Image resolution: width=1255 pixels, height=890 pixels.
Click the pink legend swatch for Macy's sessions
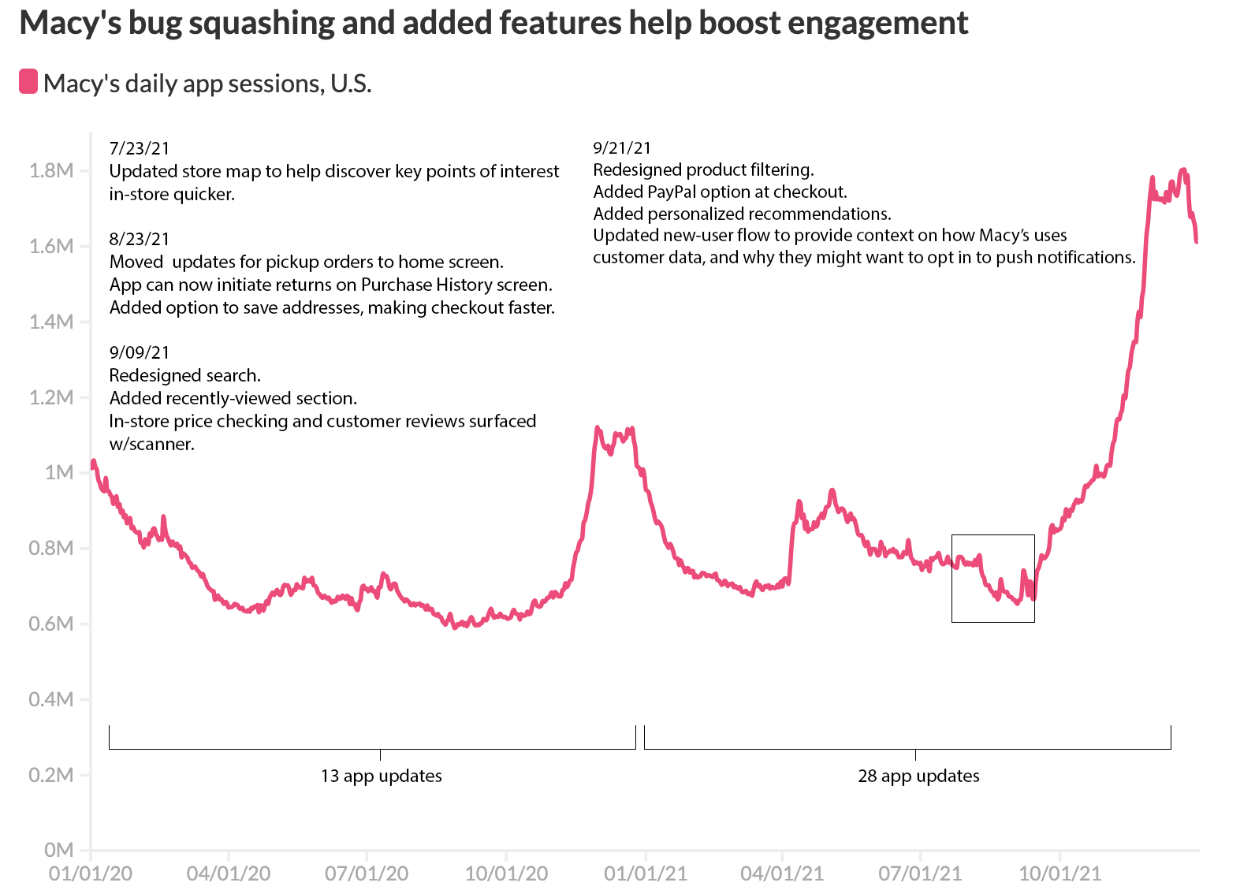pyautogui.click(x=28, y=81)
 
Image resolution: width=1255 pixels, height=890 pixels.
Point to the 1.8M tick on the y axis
pyautogui.click(x=50, y=170)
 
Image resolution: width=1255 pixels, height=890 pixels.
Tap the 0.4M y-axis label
pyautogui.click(x=50, y=699)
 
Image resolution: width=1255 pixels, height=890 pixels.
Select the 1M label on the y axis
pyautogui.click(x=58, y=472)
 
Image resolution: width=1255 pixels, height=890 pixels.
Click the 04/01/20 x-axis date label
pyautogui.click(x=229, y=873)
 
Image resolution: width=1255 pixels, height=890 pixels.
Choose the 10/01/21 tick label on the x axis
pyautogui.click(x=1060, y=873)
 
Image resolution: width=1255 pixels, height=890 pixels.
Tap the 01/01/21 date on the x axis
pyautogui.click(x=646, y=873)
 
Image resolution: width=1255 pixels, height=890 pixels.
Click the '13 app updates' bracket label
pyautogui.click(x=381, y=776)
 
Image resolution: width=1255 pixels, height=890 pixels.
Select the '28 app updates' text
pyautogui.click(x=918, y=776)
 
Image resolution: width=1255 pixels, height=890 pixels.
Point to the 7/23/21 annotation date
pyautogui.click(x=139, y=148)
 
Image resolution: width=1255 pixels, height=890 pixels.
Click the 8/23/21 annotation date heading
pyautogui.click(x=139, y=239)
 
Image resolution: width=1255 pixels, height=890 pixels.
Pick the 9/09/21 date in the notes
pyautogui.click(x=139, y=352)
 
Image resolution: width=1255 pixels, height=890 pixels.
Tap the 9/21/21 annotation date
pyautogui.click(x=622, y=147)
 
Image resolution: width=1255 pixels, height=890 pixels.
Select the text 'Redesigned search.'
pyautogui.click(x=184, y=375)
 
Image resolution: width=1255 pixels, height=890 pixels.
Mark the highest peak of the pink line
pyautogui.click(x=1183, y=169)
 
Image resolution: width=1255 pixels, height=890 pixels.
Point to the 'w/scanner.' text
pyautogui.click(x=151, y=444)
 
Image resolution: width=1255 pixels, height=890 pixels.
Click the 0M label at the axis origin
pyautogui.click(x=58, y=850)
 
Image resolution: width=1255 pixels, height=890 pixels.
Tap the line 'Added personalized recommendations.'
pyautogui.click(x=742, y=214)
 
